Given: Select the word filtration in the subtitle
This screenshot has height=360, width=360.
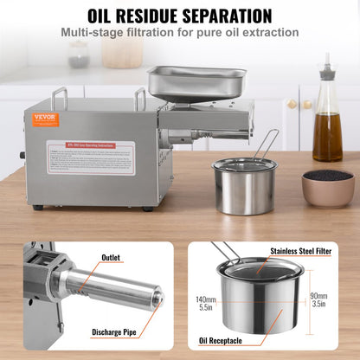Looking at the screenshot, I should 156,33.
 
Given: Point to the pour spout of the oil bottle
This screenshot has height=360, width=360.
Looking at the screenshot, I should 327,63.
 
